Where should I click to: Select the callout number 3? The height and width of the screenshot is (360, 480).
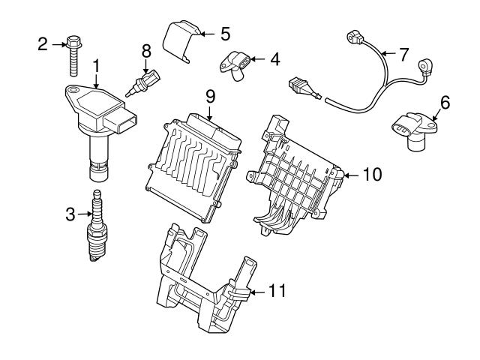[70, 215]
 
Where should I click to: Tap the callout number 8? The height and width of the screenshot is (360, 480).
[146, 51]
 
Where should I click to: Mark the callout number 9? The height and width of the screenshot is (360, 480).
[211, 95]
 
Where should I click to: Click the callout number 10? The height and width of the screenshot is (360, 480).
[372, 175]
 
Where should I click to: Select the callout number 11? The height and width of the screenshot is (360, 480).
[277, 291]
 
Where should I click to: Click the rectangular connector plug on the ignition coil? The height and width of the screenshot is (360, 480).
[124, 119]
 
